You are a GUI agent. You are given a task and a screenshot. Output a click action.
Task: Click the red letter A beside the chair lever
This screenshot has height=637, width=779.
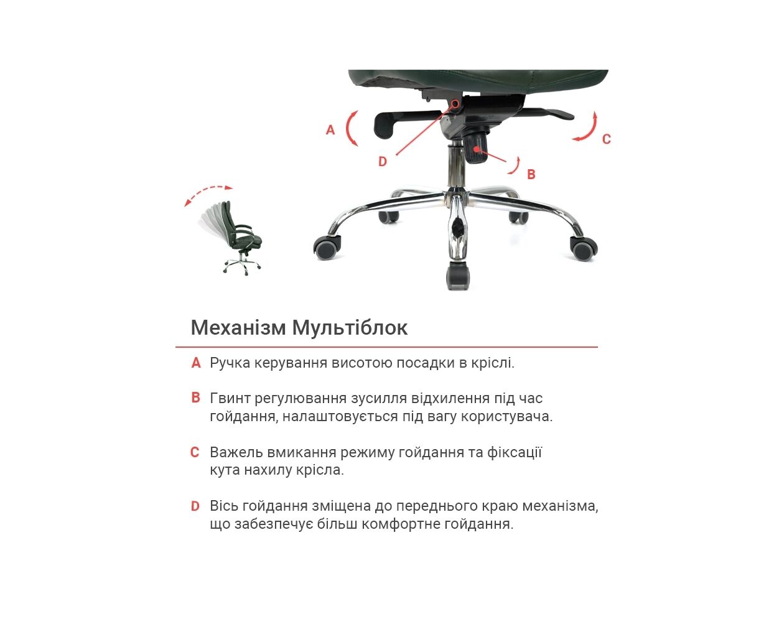coord(330,129)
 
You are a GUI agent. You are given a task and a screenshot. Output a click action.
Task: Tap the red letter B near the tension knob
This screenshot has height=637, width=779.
coord(531,174)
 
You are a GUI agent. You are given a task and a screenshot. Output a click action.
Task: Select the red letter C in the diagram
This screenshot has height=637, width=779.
coord(606,139)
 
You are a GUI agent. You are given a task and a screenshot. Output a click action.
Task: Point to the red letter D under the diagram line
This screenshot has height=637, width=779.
coord(382,161)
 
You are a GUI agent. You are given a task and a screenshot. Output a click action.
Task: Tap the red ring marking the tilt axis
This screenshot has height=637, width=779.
coord(455,104)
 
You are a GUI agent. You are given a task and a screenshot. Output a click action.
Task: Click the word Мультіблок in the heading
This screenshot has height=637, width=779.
coord(350,328)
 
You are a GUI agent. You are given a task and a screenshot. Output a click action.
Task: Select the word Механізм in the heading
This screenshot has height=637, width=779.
coord(238,328)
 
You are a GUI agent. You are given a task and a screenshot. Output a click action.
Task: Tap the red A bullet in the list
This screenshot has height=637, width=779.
coord(196,363)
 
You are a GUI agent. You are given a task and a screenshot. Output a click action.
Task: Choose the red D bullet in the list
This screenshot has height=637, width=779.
coord(195,506)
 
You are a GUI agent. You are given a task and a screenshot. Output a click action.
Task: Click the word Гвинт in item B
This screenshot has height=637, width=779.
coord(230,399)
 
